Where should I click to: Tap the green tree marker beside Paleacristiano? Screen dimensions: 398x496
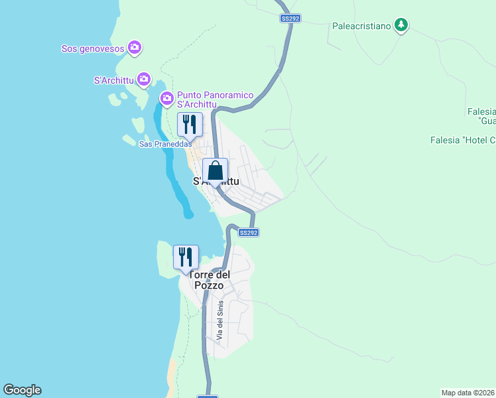[401, 25]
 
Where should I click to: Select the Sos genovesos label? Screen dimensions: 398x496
[93, 48]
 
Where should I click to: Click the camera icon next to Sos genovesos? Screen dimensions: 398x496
[135, 47]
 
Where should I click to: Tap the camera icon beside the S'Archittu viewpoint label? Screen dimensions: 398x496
[143, 80]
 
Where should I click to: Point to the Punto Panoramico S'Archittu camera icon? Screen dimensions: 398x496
[167, 99]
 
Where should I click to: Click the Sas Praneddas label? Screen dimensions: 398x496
[165, 144]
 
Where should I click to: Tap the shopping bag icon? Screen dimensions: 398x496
[216, 170]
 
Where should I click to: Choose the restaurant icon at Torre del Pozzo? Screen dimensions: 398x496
[186, 257]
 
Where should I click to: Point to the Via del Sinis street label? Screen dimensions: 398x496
[220, 321]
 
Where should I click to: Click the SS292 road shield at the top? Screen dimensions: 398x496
[290, 19]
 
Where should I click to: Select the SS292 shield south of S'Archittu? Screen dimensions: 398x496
[248, 233]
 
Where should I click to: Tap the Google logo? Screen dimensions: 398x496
[22, 390]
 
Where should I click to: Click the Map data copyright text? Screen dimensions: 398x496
[468, 393]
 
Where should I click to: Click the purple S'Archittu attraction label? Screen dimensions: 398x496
[114, 81]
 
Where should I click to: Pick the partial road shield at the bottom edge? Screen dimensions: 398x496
[208, 396]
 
